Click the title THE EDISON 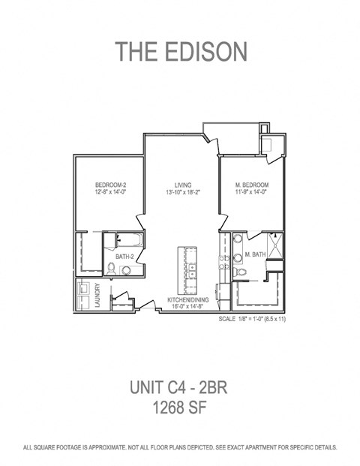[x=180, y=51]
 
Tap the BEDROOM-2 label [x=109, y=184]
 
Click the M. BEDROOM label [x=251, y=185]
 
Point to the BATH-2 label [x=124, y=257]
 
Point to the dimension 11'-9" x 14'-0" [x=251, y=192]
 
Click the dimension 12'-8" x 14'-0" [x=109, y=192]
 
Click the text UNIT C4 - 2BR [x=180, y=389]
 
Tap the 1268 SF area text [x=180, y=409]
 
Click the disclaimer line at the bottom [x=180, y=447]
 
